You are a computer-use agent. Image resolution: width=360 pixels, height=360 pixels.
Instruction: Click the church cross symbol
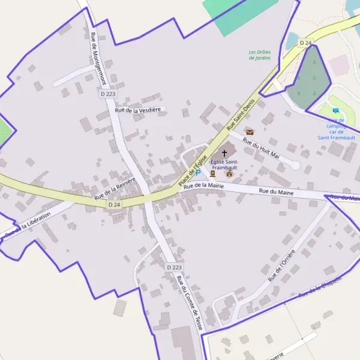[224, 154]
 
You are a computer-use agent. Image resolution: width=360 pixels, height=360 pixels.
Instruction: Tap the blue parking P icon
[198, 172]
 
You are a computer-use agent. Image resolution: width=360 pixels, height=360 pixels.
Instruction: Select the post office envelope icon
[250, 131]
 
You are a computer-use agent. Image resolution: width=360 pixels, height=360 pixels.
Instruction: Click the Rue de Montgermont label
[98, 59]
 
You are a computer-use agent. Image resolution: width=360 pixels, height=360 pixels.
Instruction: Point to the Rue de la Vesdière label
[139, 110]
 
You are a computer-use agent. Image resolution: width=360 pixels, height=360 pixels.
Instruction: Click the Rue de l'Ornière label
[282, 265]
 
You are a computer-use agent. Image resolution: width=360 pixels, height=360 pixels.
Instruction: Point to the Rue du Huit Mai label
[262, 147]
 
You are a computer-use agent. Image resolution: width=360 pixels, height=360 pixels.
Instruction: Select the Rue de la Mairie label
[203, 186]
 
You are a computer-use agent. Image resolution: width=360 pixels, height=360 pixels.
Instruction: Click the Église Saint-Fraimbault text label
[224, 165]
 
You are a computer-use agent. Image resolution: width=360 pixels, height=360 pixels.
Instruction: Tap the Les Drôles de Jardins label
[260, 55]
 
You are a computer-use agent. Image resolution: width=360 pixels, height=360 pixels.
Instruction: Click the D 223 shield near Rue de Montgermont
[107, 94]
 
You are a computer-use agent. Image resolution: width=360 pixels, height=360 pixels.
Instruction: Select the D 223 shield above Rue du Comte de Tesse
[174, 266]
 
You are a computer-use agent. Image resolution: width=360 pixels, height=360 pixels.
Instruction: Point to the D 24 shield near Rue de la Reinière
[115, 205]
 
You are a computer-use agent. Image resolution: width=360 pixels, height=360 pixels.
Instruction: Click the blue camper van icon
[335, 110]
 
